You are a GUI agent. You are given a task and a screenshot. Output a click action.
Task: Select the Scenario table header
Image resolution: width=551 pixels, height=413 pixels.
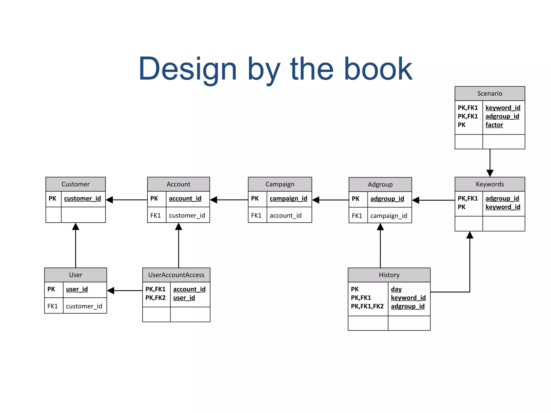click(489, 94)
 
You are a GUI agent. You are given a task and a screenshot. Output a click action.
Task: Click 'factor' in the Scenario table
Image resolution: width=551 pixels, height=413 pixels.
click(494, 125)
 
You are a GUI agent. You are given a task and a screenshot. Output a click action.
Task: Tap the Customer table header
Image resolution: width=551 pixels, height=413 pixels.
click(75, 184)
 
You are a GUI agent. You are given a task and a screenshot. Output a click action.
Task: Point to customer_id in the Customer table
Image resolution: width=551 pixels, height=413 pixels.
click(82, 198)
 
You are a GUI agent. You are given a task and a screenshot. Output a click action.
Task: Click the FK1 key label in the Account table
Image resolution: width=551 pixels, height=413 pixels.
click(156, 215)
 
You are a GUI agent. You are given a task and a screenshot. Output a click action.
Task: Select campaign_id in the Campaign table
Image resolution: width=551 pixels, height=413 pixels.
click(288, 198)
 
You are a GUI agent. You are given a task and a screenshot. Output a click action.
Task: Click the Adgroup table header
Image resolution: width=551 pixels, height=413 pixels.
click(380, 184)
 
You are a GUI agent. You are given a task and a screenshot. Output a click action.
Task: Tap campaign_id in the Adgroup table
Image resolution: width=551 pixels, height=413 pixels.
click(388, 216)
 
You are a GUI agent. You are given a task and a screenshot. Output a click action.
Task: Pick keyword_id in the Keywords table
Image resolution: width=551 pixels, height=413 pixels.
click(503, 207)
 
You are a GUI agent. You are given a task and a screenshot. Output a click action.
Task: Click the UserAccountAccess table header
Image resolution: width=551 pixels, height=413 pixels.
click(176, 275)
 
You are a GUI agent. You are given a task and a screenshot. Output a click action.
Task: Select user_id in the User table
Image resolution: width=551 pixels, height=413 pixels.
click(77, 289)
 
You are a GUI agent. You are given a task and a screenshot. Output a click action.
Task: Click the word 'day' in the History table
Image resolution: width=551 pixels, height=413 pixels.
click(396, 289)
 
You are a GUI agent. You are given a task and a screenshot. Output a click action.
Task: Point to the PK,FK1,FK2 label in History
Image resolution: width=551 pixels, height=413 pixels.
click(367, 306)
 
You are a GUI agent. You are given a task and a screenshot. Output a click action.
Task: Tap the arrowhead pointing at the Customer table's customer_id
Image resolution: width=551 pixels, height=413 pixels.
click(110, 200)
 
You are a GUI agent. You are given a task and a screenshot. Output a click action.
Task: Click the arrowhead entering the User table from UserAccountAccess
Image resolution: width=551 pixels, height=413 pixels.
click(111, 290)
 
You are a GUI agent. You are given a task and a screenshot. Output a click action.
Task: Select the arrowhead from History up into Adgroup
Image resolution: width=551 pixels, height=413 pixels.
click(380, 227)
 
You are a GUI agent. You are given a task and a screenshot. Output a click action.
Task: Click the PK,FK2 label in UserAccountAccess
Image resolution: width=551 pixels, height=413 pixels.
click(155, 298)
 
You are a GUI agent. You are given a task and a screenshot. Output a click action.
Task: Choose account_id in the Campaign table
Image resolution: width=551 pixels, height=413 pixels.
click(285, 215)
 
